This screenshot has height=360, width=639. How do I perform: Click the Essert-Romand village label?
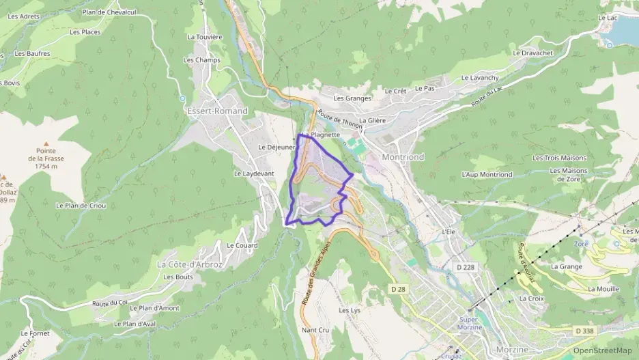pyautogui.click(x=217, y=111)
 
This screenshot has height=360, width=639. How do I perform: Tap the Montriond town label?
pyautogui.click(x=403, y=157)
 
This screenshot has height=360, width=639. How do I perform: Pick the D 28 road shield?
pyautogui.click(x=399, y=290)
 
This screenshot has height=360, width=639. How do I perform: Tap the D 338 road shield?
pyautogui.click(x=585, y=331)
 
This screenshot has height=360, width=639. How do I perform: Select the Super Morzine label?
pyautogui.click(x=470, y=323)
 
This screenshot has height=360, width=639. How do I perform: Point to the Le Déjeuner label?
pyautogui.click(x=276, y=147)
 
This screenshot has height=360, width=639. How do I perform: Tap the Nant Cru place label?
pyautogui.click(x=315, y=330)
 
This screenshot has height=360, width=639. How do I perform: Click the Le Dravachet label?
pyautogui.click(x=532, y=53)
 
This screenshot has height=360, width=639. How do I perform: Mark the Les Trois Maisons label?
pyautogui.click(x=559, y=158)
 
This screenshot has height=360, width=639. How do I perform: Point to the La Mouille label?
pyautogui.click(x=603, y=289)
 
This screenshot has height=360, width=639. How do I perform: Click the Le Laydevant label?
pyautogui.click(x=254, y=174)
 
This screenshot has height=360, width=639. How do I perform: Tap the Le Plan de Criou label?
pyautogui.click(x=81, y=205)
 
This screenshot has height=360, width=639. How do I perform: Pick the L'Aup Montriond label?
pyautogui.click(x=487, y=175)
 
